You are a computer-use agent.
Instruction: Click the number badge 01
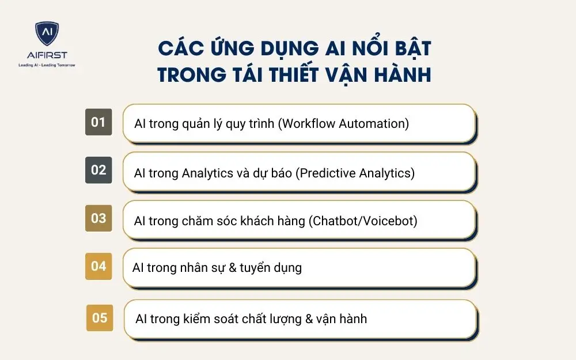tap(98, 122)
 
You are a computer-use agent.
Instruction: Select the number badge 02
tap(98, 170)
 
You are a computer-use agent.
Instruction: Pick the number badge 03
tap(98, 218)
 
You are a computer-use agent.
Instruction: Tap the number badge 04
tap(98, 266)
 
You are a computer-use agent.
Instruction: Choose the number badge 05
tap(100, 317)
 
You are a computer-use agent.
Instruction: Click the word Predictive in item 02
tap(326, 172)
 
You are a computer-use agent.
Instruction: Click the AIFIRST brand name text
tap(47, 55)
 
